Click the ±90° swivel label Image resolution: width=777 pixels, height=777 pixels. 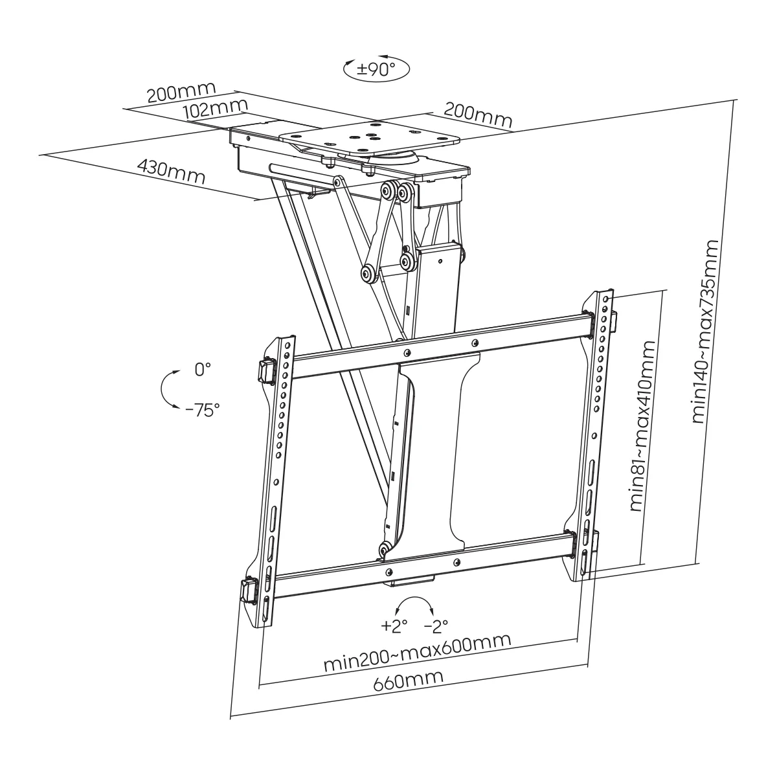(x=377, y=69)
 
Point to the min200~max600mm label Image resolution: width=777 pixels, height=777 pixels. (x=417, y=652)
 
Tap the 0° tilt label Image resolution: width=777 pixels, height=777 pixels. (x=203, y=370)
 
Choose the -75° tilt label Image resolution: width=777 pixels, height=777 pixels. (x=202, y=409)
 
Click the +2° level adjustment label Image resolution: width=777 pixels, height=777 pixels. (x=394, y=626)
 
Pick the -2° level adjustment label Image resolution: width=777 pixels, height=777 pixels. (x=436, y=626)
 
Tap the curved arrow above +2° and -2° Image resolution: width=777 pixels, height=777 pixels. (x=415, y=606)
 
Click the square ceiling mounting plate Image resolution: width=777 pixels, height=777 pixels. (x=369, y=137)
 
